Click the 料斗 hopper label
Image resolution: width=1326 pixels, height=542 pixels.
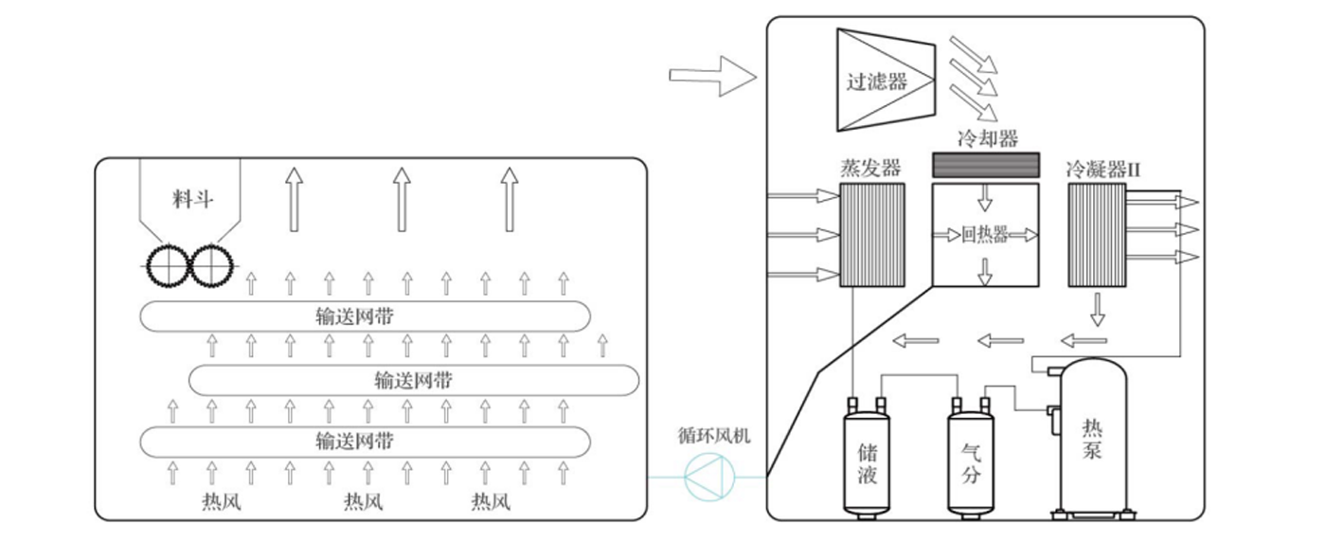coord(192,199)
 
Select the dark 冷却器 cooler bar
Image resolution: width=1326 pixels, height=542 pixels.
coord(986,165)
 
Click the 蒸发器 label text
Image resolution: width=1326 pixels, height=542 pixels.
coord(869,168)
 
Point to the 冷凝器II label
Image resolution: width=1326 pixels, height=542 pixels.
coord(1102,170)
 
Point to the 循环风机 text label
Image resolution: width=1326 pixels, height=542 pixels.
coord(715,436)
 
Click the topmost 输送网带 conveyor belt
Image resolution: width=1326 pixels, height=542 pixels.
coord(366,316)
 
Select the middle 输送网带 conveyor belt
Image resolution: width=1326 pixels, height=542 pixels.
coord(414,380)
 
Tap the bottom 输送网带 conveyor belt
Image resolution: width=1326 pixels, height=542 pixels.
coord(366,441)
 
